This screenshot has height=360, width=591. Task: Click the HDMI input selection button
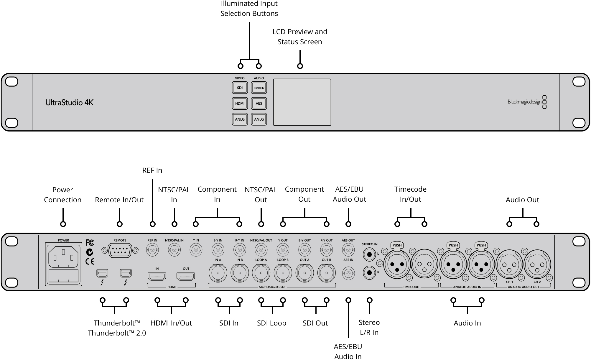(x=240, y=103)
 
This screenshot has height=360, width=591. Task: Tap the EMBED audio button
(x=259, y=88)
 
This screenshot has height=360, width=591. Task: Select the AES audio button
(x=259, y=103)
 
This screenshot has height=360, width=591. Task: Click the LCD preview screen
(x=302, y=102)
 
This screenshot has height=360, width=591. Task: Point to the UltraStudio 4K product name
(x=70, y=103)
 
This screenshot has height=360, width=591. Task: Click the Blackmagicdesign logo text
(x=524, y=102)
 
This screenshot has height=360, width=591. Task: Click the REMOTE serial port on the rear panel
(x=120, y=251)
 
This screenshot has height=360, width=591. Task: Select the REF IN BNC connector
(x=152, y=250)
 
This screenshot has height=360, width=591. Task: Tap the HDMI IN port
(x=157, y=276)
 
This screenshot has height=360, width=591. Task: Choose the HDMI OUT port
(x=186, y=276)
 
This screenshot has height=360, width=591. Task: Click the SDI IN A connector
(x=218, y=273)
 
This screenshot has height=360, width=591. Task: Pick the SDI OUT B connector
(x=326, y=273)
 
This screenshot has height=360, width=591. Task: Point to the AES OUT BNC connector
(x=348, y=250)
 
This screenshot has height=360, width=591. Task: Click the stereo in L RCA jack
(x=369, y=254)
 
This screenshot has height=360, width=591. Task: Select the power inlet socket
(x=63, y=257)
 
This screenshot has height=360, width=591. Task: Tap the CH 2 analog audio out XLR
(x=537, y=264)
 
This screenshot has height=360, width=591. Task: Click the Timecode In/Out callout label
(x=410, y=194)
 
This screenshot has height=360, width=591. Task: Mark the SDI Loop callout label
(x=271, y=323)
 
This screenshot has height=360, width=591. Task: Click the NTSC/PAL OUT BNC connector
(x=261, y=250)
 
